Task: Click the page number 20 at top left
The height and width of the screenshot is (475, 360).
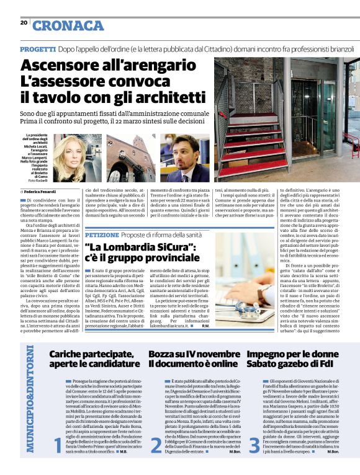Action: pyautogui.click(x=24, y=22)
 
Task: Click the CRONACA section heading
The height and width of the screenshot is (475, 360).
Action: pyautogui.click(x=68, y=25)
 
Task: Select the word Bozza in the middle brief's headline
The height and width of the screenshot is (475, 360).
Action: pyautogui.click(x=163, y=353)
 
